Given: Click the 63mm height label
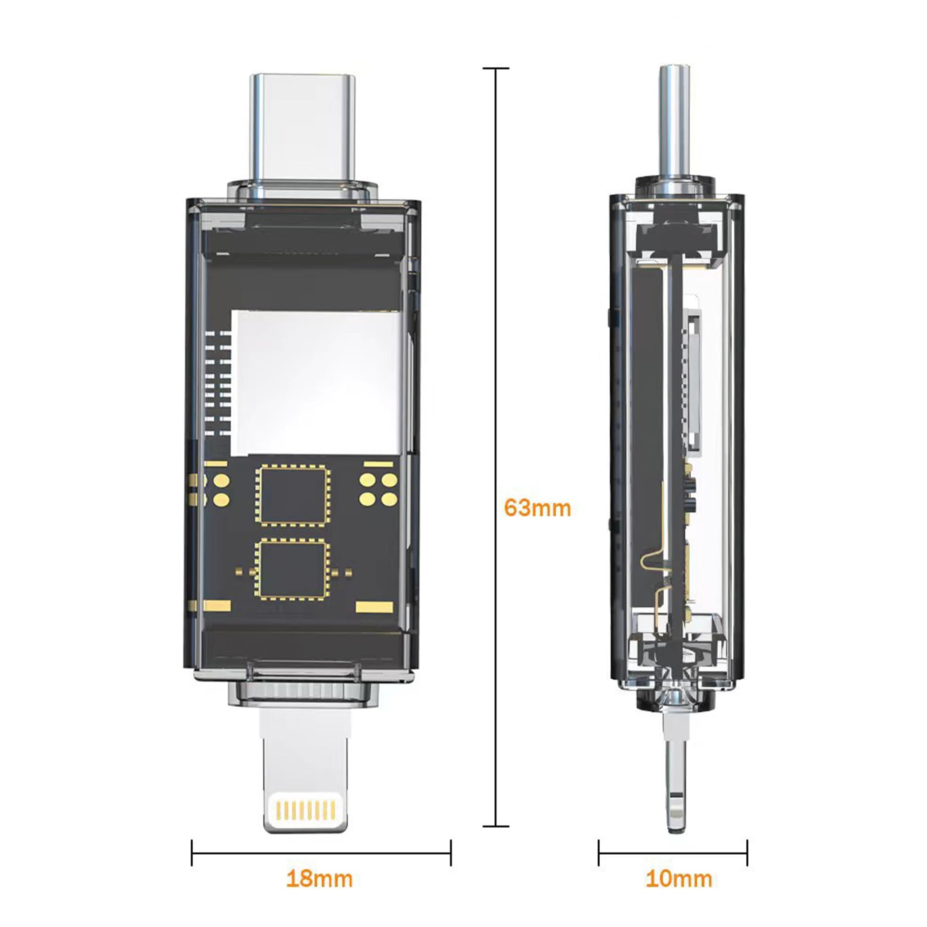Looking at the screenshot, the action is [537, 508].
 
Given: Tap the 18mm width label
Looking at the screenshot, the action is [319, 879].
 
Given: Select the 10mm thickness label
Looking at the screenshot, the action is [679, 879].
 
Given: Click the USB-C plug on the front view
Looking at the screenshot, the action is [303, 130].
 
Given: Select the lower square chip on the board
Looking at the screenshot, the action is [292, 570].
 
